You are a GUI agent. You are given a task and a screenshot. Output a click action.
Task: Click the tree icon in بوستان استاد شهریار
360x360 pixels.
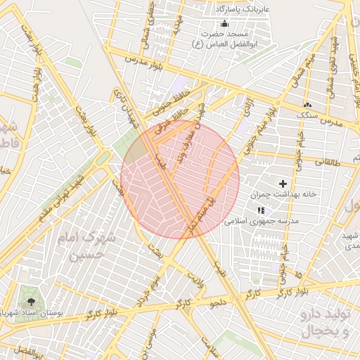tap(29, 295)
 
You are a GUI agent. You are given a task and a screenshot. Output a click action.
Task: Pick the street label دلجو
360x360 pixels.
tap(219, 303)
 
